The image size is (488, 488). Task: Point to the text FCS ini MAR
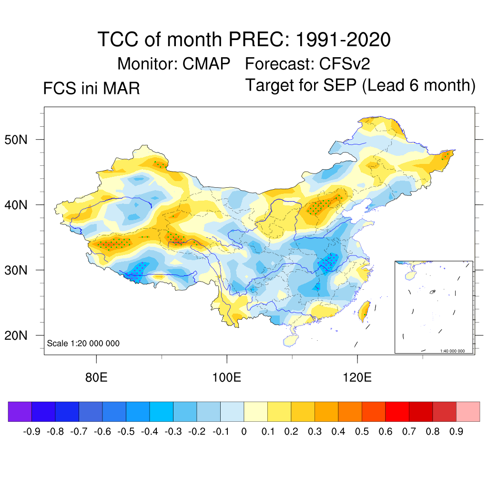(91, 89)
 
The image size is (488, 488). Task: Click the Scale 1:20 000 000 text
(83, 344)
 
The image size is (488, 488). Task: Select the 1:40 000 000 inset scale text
(455, 351)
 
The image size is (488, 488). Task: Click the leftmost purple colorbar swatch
(20, 412)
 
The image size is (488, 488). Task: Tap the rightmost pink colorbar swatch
(468, 412)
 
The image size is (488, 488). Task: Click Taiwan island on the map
(365, 311)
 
